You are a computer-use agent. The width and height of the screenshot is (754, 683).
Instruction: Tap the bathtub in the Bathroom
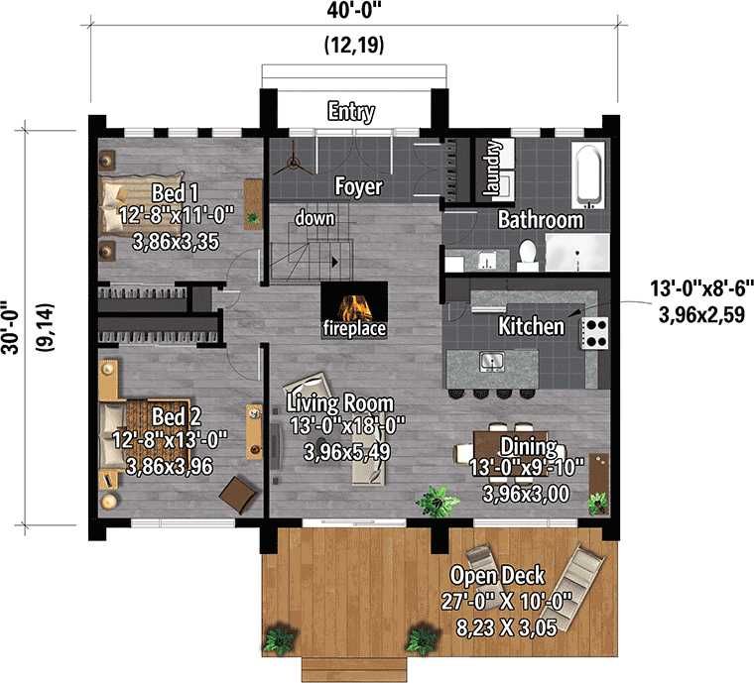click(588, 173)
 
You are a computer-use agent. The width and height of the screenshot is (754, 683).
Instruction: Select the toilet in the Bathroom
click(528, 255)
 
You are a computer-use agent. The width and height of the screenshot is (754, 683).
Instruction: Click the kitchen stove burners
click(595, 333)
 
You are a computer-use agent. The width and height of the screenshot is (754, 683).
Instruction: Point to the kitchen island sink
click(491, 361)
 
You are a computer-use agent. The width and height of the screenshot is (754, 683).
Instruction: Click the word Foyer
click(359, 186)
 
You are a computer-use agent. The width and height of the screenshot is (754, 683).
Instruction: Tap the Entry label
click(351, 111)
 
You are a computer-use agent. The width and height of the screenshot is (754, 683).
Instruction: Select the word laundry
click(493, 168)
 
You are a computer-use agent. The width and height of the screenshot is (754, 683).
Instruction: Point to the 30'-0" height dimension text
click(11, 327)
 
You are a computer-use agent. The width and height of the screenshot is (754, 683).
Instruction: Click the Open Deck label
click(497, 575)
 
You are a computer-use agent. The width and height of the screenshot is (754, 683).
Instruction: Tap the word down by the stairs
click(314, 218)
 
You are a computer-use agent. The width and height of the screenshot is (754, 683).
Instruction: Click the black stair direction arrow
click(335, 262)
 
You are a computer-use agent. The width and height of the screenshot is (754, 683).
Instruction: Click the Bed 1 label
click(175, 193)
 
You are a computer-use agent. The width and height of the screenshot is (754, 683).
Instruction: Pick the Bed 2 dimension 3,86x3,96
click(170, 466)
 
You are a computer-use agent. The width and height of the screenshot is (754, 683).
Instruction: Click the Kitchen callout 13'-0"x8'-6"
click(701, 289)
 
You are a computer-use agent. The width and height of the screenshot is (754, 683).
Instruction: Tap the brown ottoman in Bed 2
click(238, 494)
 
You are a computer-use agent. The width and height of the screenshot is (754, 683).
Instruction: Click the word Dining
click(529, 446)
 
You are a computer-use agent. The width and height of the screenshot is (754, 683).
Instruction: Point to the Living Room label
click(340, 403)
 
